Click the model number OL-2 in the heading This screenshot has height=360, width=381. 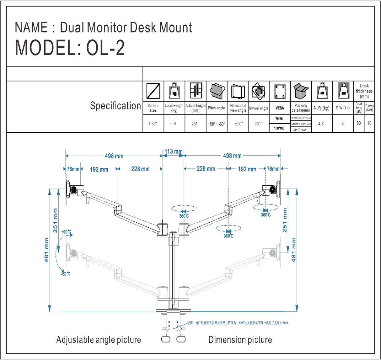coord(105,48)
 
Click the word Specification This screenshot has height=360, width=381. coord(115,106)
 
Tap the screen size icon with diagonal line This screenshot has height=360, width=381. coord(153,91)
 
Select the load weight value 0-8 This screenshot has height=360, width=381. coord(173,124)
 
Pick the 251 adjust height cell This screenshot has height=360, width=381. coord(195,124)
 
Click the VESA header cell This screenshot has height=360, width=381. coord(280,108)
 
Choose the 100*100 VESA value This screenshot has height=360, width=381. coord(279,128)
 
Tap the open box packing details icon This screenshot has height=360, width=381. coord(301,91)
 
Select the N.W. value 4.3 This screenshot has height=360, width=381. coord(321,124)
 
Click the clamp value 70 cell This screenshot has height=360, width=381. coord(369,123)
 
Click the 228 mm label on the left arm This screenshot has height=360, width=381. coord(140,169)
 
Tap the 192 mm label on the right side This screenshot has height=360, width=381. coord(247,169)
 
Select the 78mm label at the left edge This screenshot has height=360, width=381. coord(73,169)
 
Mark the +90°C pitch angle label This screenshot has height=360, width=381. coord(66,232)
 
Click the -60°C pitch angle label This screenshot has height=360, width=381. coord(66,274)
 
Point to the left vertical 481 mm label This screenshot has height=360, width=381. coord(46,250)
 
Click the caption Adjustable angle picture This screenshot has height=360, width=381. coord(99,340)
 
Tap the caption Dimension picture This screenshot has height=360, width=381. coord(240,340)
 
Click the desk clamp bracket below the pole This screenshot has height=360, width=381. coord(173,323)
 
